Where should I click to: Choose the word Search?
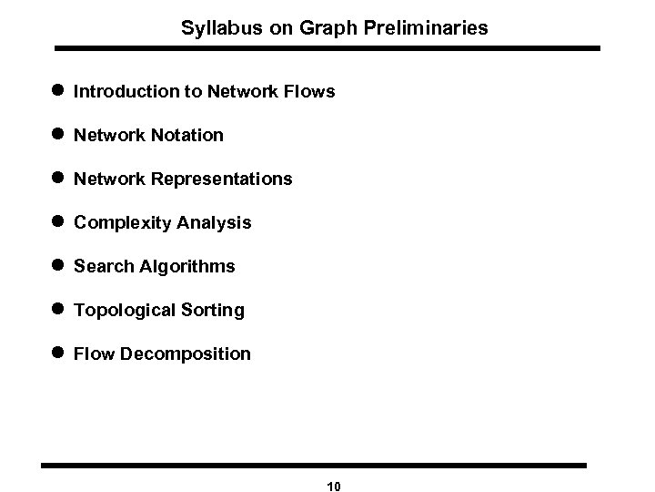(x=103, y=266)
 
